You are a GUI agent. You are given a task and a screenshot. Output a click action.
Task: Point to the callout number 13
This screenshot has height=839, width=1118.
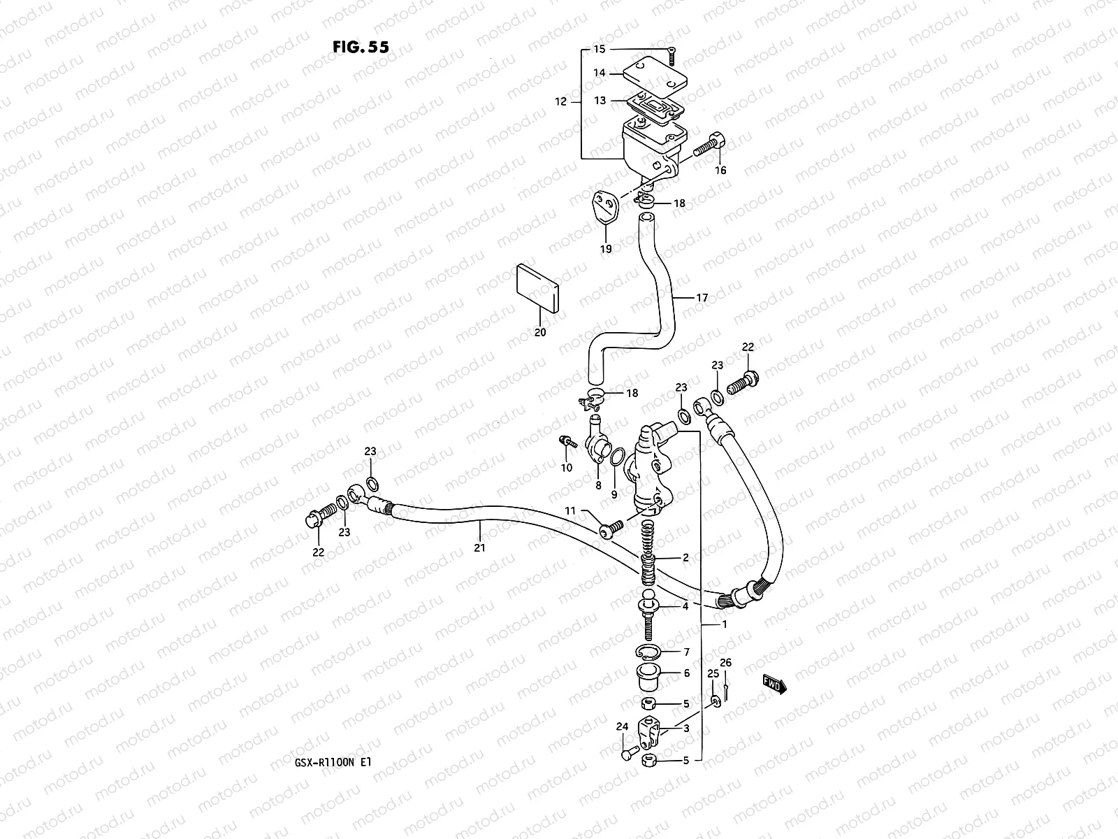click(x=600, y=101)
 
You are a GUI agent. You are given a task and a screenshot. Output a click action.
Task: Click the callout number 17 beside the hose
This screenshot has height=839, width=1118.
click(x=702, y=298)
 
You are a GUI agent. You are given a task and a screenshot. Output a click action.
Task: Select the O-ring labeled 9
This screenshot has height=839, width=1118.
click(x=616, y=458)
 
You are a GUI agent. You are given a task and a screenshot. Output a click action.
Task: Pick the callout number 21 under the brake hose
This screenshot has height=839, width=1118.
click(x=479, y=548)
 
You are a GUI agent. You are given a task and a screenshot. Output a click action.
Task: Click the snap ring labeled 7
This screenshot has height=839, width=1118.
click(x=648, y=652)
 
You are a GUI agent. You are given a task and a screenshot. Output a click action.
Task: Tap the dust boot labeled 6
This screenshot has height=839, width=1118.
click(x=648, y=676)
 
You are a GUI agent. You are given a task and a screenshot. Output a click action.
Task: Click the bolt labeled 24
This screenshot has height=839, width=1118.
click(x=627, y=754)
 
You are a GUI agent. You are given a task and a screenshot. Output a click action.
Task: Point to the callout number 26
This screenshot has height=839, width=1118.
click(x=725, y=663)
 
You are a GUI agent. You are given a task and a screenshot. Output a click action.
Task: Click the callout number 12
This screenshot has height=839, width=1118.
click(x=561, y=102)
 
